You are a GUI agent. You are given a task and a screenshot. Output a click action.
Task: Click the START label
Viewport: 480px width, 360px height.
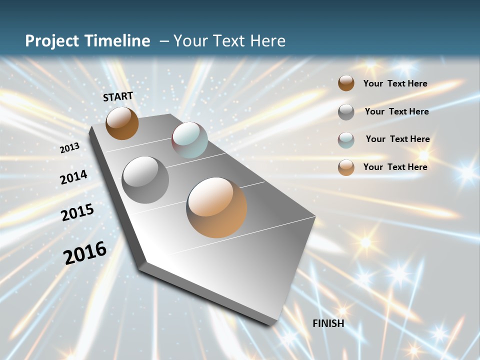pyautogui.click(x=118, y=96)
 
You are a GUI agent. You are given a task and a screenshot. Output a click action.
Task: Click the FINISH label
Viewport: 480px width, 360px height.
pyautogui.click(x=328, y=323)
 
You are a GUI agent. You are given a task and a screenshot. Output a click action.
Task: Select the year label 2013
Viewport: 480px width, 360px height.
pyautogui.click(x=69, y=148)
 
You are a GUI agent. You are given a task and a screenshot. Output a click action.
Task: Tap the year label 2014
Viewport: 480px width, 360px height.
pyautogui.click(x=73, y=177)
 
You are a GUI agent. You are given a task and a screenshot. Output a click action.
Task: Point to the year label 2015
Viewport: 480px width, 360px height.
pyautogui.click(x=77, y=212)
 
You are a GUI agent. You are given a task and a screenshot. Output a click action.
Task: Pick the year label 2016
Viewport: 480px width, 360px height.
pyautogui.click(x=85, y=252)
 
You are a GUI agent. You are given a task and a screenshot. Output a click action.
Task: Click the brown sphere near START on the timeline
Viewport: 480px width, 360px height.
pyautogui.click(x=122, y=123)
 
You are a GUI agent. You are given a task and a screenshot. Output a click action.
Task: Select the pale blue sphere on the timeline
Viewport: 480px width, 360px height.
pyautogui.click(x=189, y=140)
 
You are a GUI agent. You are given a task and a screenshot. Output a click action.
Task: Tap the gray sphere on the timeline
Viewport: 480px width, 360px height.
pyautogui.click(x=145, y=179)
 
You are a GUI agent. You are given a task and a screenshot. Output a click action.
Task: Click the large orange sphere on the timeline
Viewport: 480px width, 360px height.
pyautogui.click(x=216, y=207)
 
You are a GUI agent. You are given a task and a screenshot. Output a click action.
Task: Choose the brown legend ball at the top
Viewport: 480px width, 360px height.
pyautogui.click(x=346, y=83)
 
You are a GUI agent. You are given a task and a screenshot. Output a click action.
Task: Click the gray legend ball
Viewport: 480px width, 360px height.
pyautogui.click(x=346, y=111)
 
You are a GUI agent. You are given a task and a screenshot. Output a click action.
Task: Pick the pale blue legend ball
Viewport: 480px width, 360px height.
pyautogui.click(x=346, y=139)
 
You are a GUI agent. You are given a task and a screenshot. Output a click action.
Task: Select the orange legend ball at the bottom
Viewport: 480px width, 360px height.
pyautogui.click(x=346, y=167)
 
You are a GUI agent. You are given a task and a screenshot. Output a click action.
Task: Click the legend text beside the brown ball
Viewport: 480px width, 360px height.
pyautogui.click(x=395, y=83)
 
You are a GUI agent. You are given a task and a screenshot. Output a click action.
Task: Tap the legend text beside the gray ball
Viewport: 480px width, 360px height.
pyautogui.click(x=396, y=111)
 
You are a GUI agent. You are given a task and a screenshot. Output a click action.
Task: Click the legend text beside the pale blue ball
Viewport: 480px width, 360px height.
pyautogui.click(x=397, y=139)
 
